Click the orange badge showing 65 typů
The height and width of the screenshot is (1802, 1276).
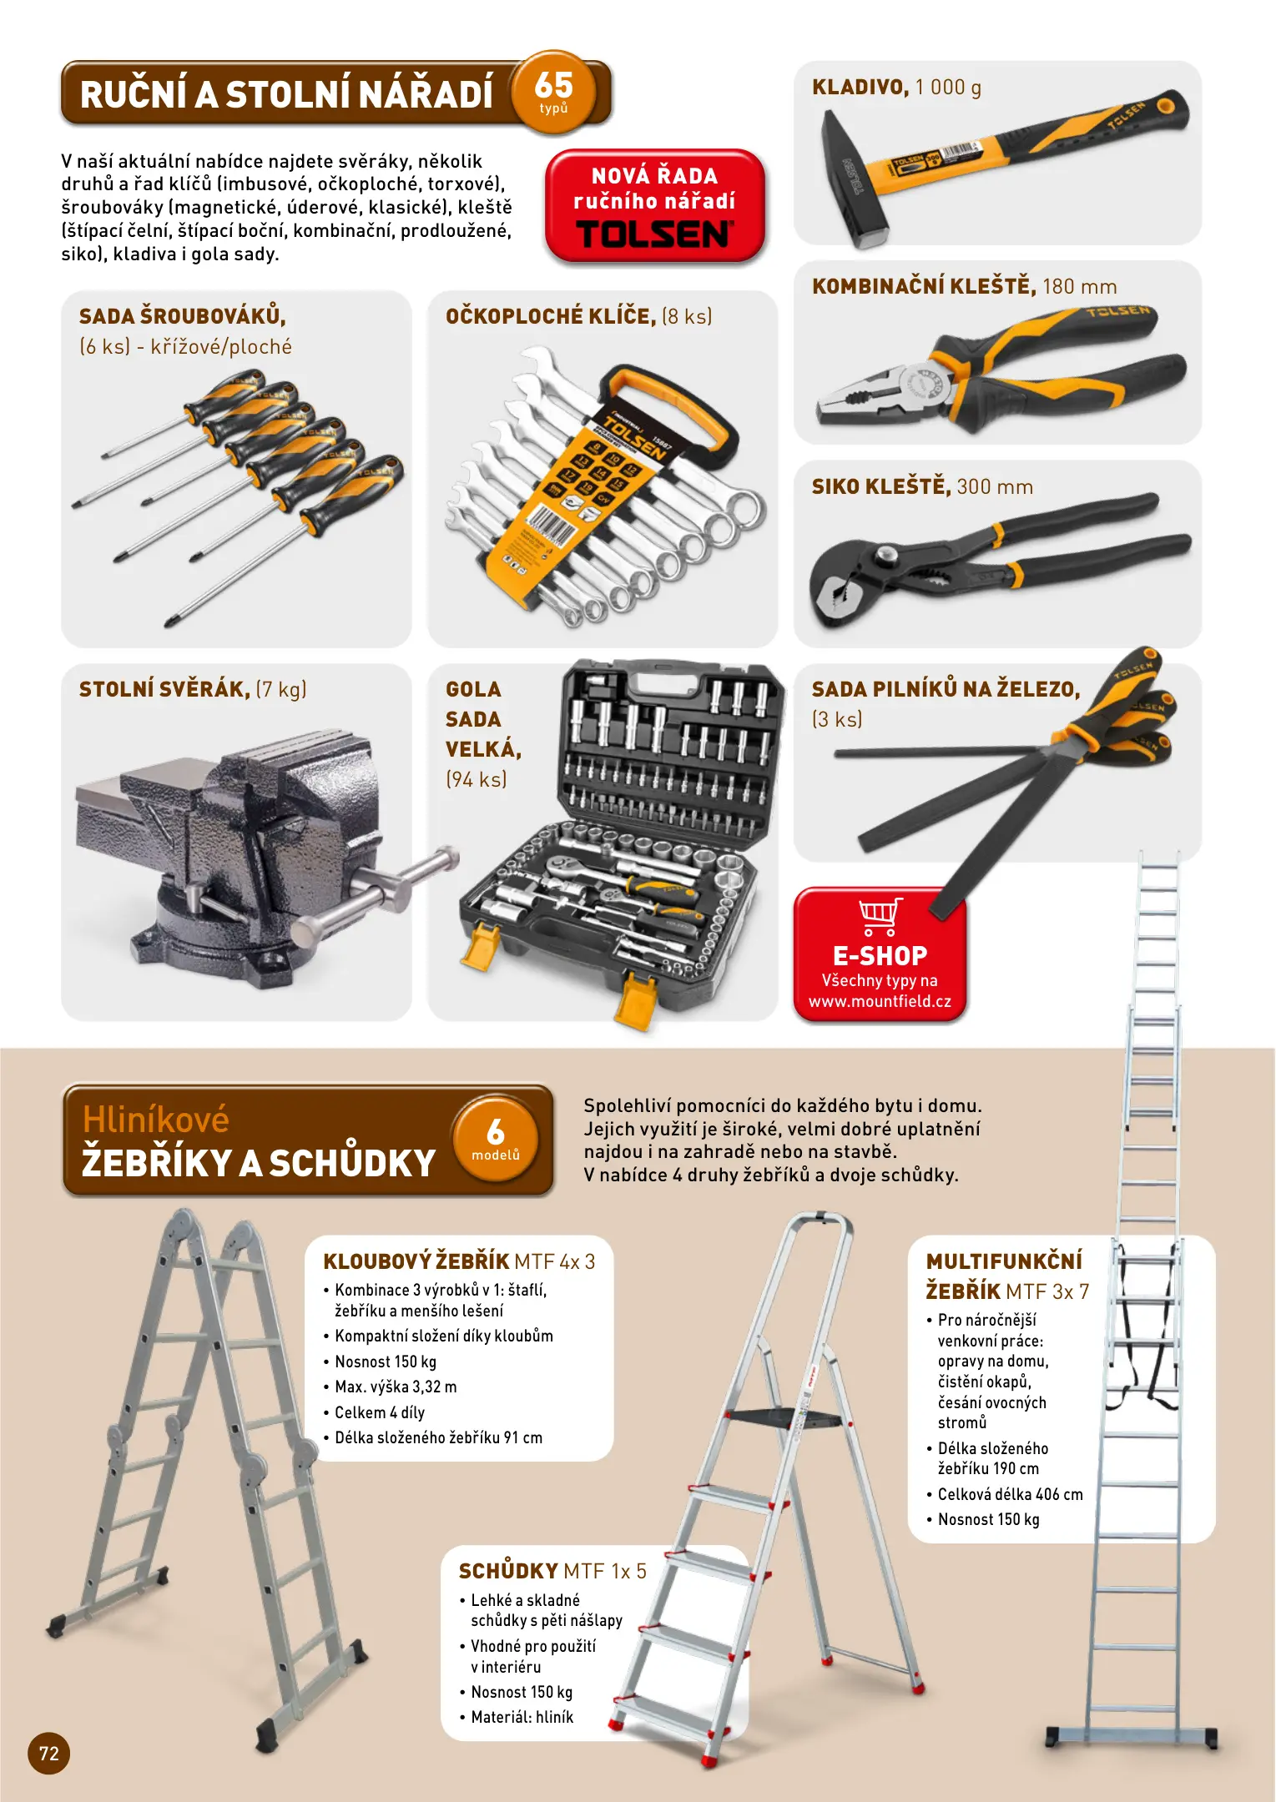(x=553, y=91)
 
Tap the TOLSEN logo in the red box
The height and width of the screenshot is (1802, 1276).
(x=654, y=234)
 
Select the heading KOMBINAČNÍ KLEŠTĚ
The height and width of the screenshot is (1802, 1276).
(x=924, y=286)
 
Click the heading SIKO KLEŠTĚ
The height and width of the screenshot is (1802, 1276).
(x=881, y=486)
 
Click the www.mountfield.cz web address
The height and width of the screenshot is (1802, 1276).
(x=880, y=1001)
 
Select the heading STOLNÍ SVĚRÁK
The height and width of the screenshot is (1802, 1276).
(x=164, y=689)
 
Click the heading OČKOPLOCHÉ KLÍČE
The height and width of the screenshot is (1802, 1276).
(x=551, y=316)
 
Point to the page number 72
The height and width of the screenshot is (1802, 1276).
(x=49, y=1753)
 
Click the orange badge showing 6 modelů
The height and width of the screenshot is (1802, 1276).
(x=496, y=1140)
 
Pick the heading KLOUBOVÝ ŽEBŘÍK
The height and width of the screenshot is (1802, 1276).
(x=416, y=1261)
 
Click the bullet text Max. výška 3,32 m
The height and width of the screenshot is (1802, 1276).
(x=396, y=1387)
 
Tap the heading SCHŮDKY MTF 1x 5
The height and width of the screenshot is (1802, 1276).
(x=552, y=1571)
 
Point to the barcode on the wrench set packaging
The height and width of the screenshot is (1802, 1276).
(x=550, y=527)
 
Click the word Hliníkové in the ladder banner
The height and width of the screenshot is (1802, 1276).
(x=156, y=1120)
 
